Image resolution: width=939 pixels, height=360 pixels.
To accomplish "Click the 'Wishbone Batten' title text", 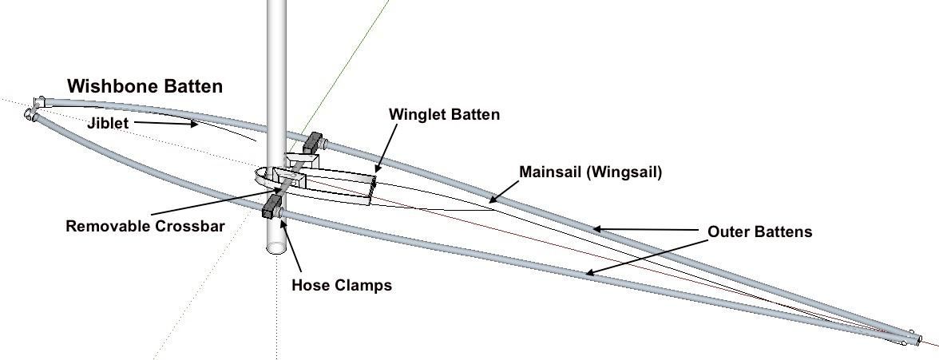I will (x=145, y=86).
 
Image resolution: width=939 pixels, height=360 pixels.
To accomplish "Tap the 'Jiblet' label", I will (x=107, y=124).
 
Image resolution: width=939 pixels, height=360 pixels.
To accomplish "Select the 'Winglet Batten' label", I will (x=444, y=114).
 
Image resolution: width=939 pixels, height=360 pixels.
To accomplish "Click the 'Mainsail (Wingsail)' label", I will (x=590, y=172).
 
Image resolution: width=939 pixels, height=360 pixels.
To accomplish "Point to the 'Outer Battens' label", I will (x=759, y=231).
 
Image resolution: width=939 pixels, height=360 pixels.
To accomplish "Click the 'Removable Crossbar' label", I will (x=145, y=226).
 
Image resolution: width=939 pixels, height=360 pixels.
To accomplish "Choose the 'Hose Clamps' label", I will (x=342, y=284).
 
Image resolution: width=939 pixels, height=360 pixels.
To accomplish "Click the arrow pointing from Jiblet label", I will (x=164, y=124).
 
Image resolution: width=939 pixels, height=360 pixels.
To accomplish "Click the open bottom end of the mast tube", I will (x=276, y=246).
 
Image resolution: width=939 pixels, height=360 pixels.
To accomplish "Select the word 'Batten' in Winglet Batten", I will (x=474, y=114).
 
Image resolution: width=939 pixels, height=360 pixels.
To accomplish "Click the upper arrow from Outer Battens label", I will (x=648, y=230).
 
